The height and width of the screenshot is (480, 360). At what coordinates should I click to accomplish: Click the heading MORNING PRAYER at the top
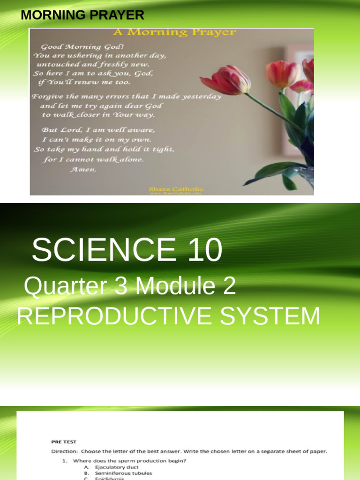[x=82, y=15]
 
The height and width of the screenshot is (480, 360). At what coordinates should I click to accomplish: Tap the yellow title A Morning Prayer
[x=173, y=32]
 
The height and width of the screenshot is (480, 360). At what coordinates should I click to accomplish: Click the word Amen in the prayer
[x=83, y=169]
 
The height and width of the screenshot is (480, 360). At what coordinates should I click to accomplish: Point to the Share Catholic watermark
[x=176, y=189]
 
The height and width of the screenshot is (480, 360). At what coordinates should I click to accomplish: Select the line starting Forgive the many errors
[x=126, y=97]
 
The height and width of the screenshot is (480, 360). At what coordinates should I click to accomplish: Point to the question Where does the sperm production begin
[x=129, y=461]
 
